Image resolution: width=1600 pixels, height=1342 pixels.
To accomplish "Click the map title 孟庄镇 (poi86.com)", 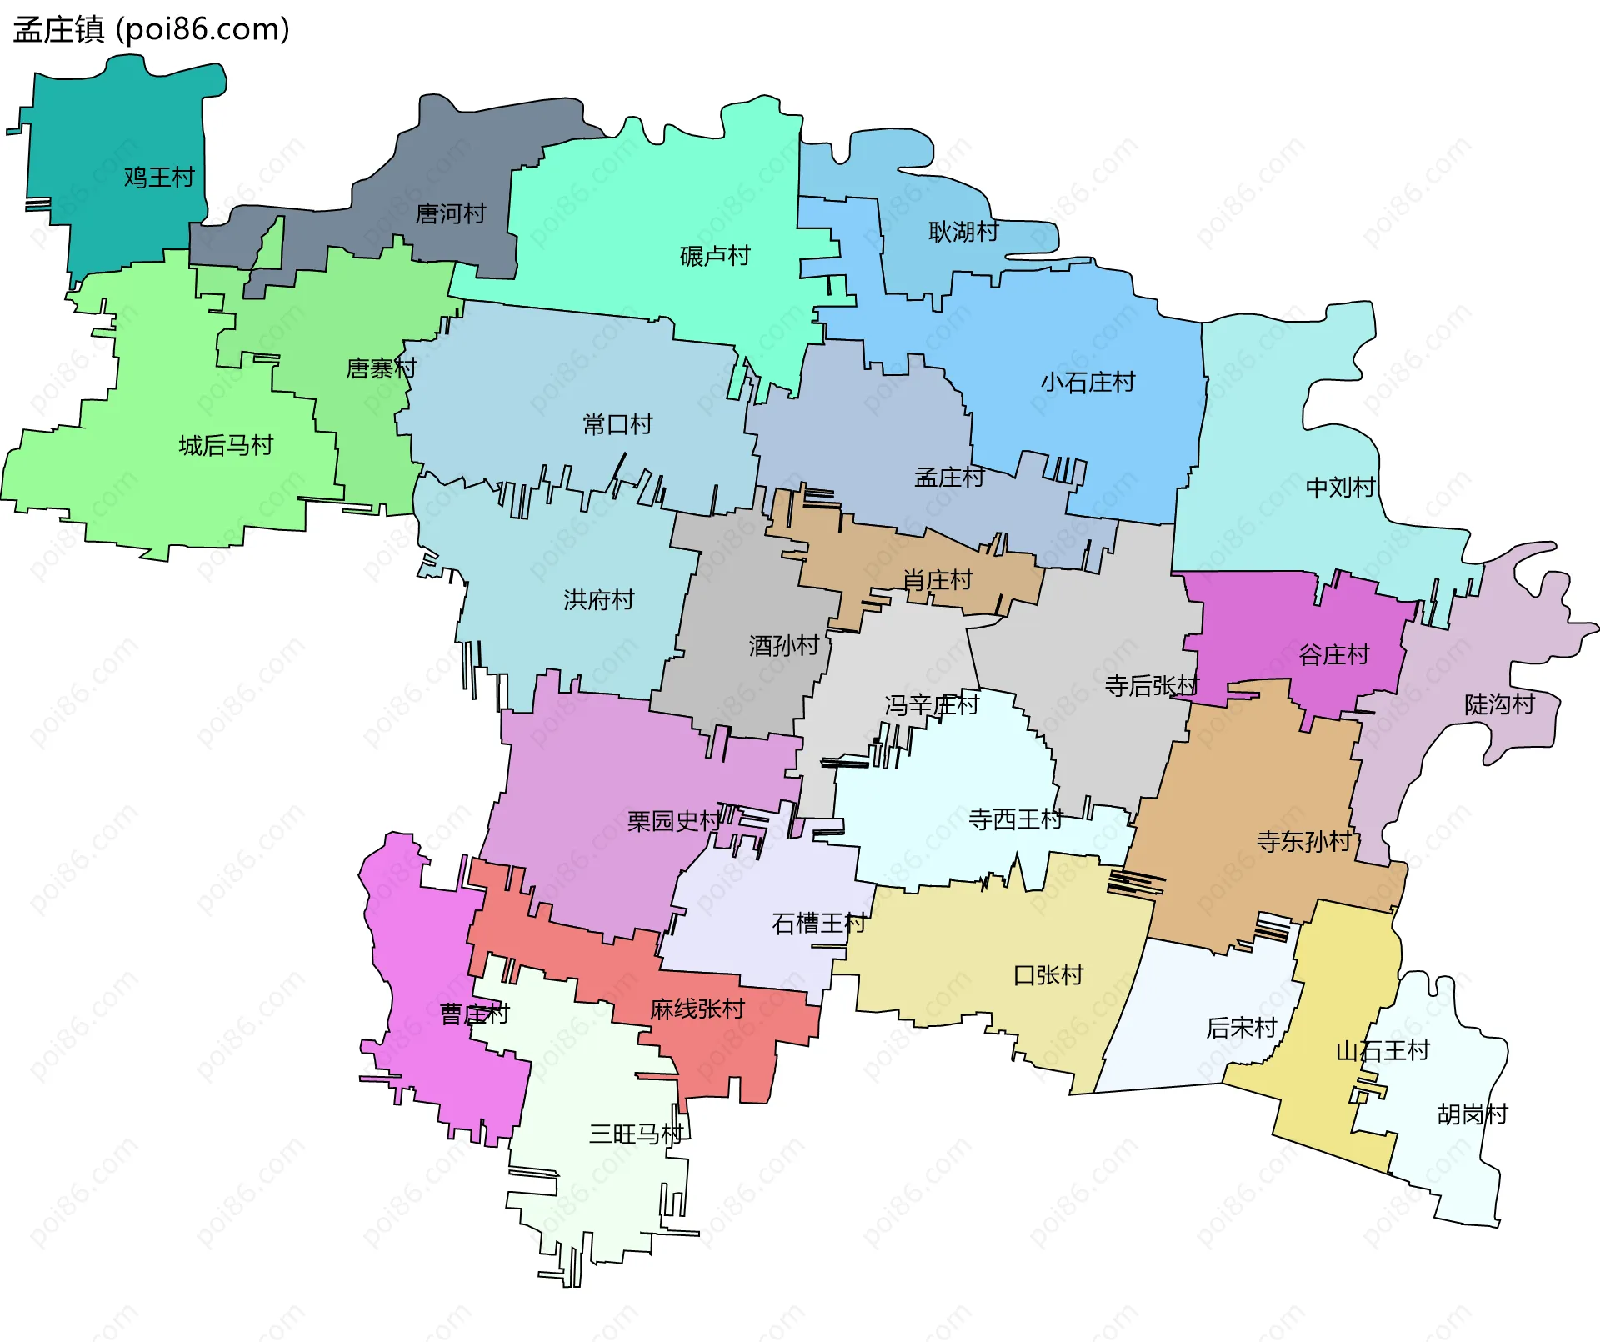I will tap(151, 30).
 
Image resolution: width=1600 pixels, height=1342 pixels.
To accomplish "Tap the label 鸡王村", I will tap(159, 178).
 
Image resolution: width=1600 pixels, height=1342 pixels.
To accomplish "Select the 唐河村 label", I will tap(451, 214).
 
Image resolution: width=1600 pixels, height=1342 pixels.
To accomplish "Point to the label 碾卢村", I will tap(715, 256).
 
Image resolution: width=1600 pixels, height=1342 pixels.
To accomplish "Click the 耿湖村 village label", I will tap(963, 232).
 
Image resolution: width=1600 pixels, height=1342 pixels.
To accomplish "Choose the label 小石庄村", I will tap(1087, 383).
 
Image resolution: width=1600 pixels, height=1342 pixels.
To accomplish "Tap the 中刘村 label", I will tap(1340, 488).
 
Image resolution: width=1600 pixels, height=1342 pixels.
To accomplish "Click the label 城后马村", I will tap(226, 446).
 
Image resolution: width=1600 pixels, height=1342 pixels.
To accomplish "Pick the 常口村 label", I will tap(617, 425).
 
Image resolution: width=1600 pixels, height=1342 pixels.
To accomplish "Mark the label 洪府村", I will tap(598, 600).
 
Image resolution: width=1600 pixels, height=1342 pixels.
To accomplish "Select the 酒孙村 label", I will tap(783, 646).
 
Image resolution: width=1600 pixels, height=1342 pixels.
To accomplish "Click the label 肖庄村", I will tap(937, 580).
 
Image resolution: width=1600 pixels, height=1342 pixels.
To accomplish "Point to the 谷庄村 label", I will tap(1333, 655).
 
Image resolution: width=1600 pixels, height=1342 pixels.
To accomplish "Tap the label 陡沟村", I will tap(1499, 705).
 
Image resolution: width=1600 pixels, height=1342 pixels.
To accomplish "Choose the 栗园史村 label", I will tap(673, 822).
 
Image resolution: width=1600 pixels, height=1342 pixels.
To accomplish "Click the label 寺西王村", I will tap(1015, 820).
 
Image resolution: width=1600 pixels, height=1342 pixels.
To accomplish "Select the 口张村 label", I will tap(1047, 975).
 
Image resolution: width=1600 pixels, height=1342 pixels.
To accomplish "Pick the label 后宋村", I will tap(1241, 1029).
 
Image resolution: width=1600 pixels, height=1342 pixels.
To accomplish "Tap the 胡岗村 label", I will tap(1472, 1114).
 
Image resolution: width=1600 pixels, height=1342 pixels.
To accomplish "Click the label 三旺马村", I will tap(636, 1134).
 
